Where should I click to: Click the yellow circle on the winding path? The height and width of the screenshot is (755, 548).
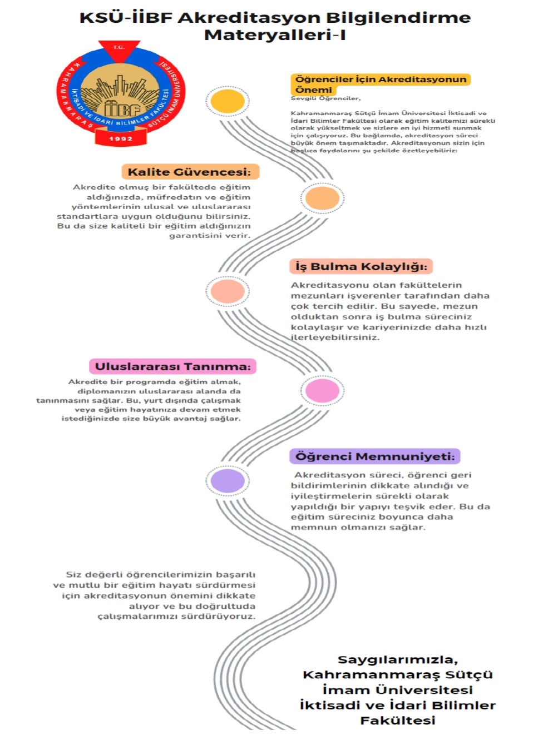click(x=228, y=101)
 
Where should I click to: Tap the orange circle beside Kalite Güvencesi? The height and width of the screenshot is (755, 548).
click(x=322, y=198)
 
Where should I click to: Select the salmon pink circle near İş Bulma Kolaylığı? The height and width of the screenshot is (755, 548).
click(x=228, y=291)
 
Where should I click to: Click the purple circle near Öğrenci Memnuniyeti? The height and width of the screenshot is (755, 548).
click(x=228, y=481)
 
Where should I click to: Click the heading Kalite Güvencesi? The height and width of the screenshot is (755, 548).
click(x=190, y=172)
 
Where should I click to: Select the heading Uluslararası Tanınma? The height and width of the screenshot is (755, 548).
click(x=173, y=367)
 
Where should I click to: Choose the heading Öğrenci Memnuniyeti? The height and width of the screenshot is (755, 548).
click(x=375, y=456)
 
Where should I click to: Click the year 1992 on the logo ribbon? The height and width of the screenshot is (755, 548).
click(x=121, y=139)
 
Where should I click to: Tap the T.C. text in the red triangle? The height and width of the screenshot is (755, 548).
click(x=119, y=47)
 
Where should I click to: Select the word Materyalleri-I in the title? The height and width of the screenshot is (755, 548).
click(x=275, y=35)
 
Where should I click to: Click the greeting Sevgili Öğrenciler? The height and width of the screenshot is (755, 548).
click(x=326, y=98)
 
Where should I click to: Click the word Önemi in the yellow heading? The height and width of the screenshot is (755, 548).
click(x=314, y=90)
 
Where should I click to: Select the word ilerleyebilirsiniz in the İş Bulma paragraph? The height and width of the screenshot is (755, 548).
click(x=335, y=337)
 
